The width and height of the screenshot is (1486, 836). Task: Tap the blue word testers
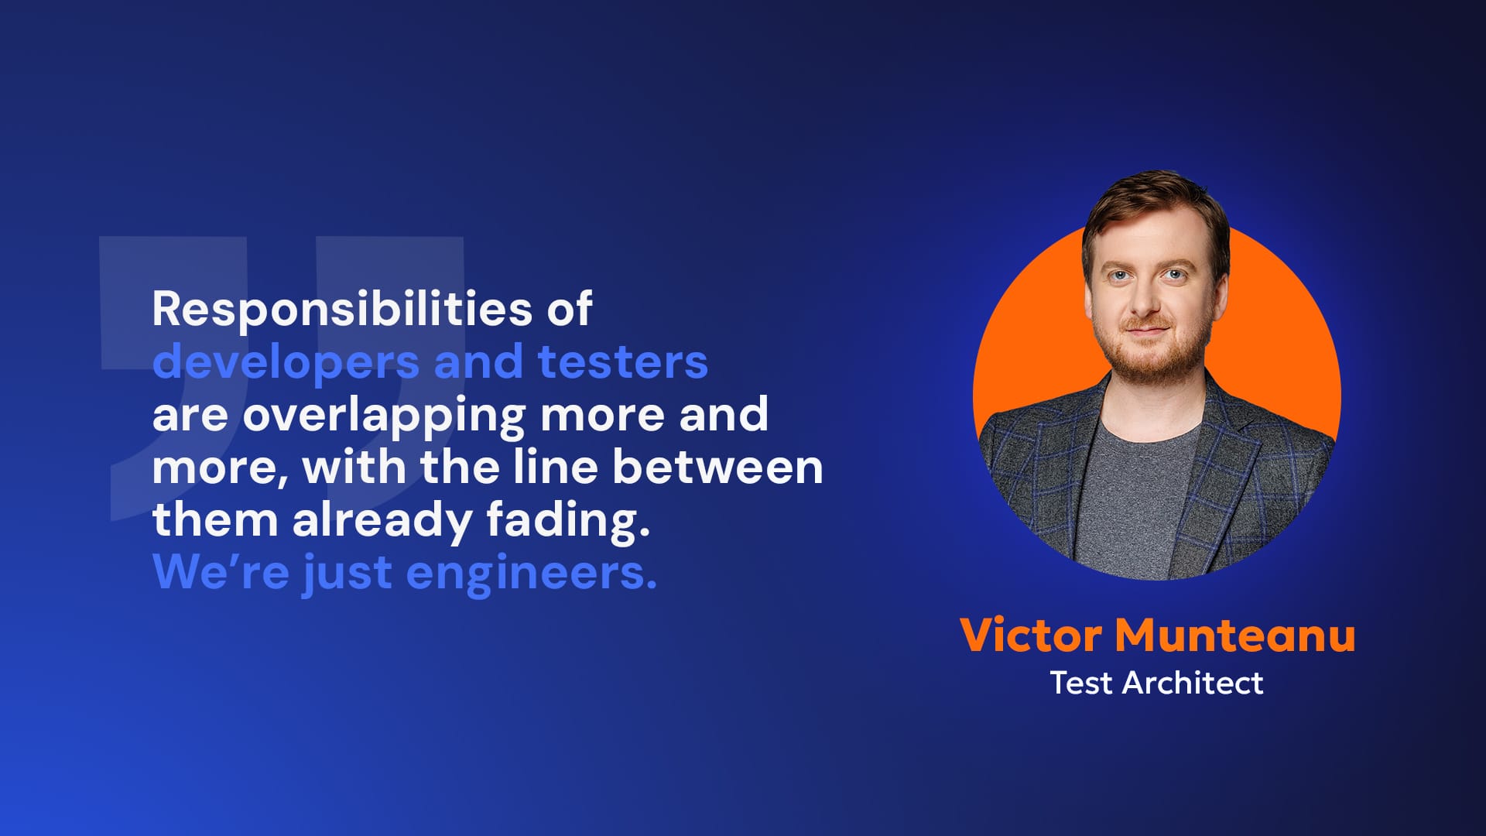click(622, 361)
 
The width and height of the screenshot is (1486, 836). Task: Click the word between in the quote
click(717, 467)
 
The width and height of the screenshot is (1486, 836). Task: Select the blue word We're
click(221, 572)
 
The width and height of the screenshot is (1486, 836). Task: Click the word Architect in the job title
click(1193, 683)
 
